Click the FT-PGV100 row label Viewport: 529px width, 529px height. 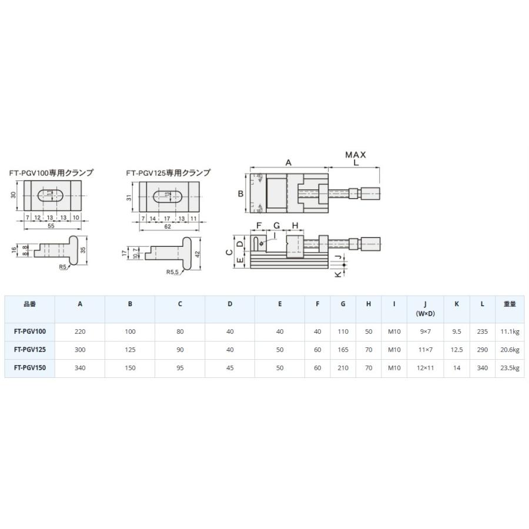[30, 332]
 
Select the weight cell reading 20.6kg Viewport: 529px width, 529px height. [510, 350]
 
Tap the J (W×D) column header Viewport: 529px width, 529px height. [425, 309]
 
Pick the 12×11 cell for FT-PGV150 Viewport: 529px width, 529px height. [425, 368]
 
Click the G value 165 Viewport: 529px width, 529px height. [343, 350]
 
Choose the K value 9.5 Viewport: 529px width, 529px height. [457, 332]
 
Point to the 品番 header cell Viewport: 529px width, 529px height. [30, 304]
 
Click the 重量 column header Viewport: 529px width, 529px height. [510, 304]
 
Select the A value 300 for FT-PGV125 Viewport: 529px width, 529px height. [80, 350]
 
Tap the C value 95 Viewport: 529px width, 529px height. [180, 368]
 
